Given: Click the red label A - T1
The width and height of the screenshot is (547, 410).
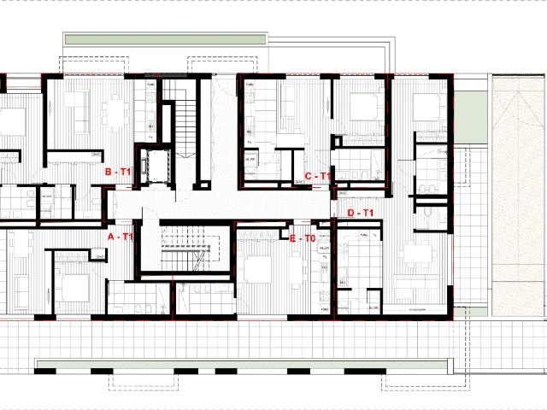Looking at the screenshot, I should pyautogui.click(x=121, y=237).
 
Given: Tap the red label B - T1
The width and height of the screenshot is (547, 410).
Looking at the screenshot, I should pyautogui.click(x=118, y=173).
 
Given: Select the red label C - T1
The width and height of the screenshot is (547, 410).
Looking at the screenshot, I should pyautogui.click(x=317, y=177).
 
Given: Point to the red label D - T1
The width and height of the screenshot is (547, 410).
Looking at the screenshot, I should pyautogui.click(x=362, y=213).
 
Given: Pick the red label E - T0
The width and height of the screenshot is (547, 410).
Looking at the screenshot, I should pyautogui.click(x=303, y=240).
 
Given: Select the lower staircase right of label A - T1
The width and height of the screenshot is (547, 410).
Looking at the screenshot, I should pyautogui.click(x=185, y=248).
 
